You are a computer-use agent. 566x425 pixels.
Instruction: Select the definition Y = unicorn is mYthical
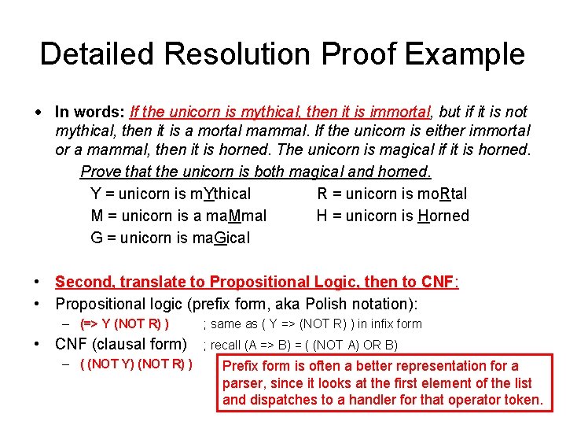(x=171, y=194)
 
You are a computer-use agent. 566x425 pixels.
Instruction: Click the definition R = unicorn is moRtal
(x=391, y=194)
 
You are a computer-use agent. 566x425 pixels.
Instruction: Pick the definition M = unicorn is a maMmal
(x=178, y=216)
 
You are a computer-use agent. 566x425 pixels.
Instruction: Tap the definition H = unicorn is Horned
(x=392, y=216)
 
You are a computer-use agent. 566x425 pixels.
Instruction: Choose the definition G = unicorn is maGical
(x=170, y=238)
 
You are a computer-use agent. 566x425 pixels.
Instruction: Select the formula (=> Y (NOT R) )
(x=125, y=323)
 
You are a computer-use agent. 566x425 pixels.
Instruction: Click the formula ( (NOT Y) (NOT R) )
(x=136, y=364)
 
